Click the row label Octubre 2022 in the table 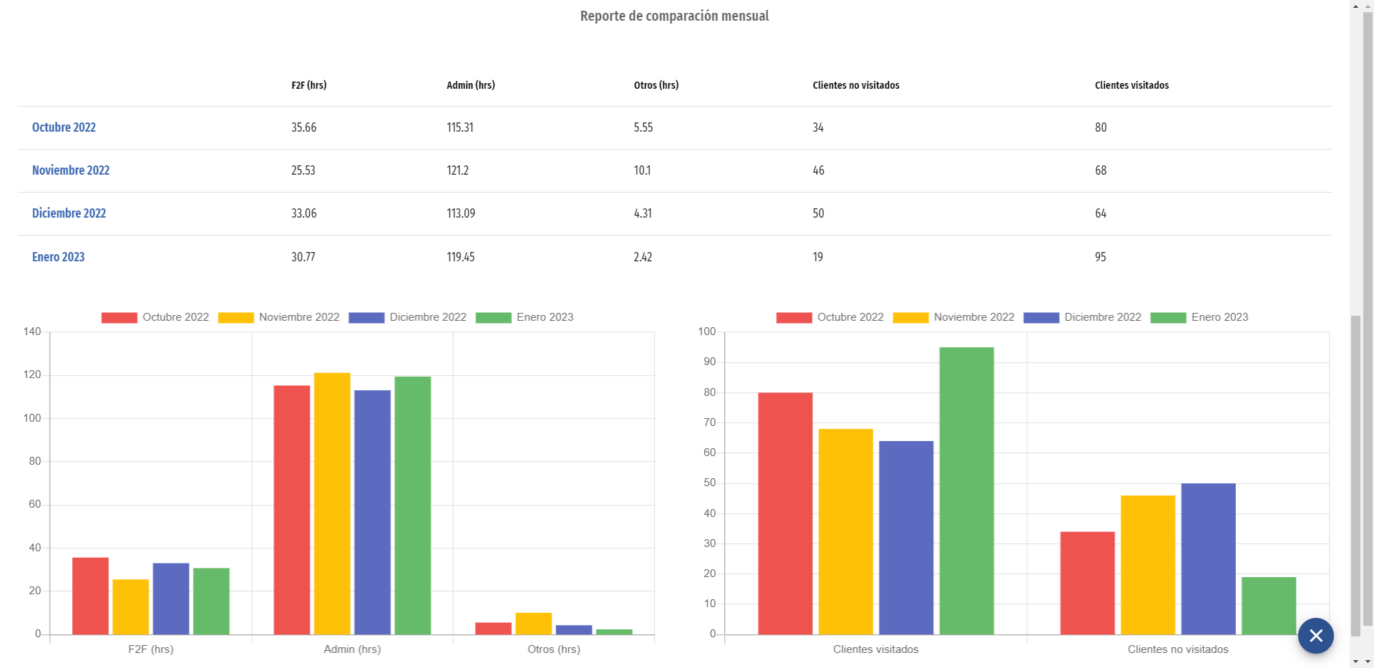[x=64, y=127]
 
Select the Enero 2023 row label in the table [x=58, y=257]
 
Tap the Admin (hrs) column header [x=470, y=85]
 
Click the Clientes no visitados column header [x=855, y=85]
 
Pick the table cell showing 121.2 [x=457, y=170]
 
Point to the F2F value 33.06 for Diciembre [x=303, y=213]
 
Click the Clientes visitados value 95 [x=1100, y=257]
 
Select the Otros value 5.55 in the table [x=643, y=127]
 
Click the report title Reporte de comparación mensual [x=674, y=16]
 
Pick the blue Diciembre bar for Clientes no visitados [x=1208, y=558]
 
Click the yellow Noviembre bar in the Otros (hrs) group [x=533, y=624]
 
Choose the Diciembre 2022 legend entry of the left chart [x=408, y=317]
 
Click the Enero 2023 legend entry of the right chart [x=1199, y=317]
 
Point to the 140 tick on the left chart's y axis [x=32, y=331]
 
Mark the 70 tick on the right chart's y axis [x=709, y=422]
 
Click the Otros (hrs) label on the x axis [x=553, y=649]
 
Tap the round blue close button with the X [x=1315, y=636]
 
